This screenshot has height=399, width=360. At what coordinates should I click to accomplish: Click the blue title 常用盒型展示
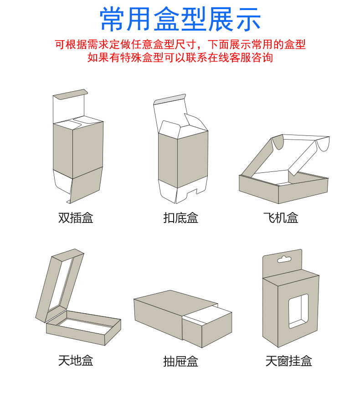click(180, 19)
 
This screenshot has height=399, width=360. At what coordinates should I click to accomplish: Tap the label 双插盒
click(76, 218)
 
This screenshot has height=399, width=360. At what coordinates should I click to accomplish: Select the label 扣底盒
click(180, 218)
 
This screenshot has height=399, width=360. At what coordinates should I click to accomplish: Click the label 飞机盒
click(281, 218)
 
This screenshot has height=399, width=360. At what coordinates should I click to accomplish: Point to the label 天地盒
click(76, 361)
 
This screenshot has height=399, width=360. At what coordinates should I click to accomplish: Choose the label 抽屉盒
click(180, 362)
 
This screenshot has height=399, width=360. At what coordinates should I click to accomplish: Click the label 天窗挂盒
click(288, 362)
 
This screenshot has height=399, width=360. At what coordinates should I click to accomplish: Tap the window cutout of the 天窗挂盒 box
click(298, 311)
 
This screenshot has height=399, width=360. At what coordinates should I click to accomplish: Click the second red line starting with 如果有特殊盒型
click(180, 58)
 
